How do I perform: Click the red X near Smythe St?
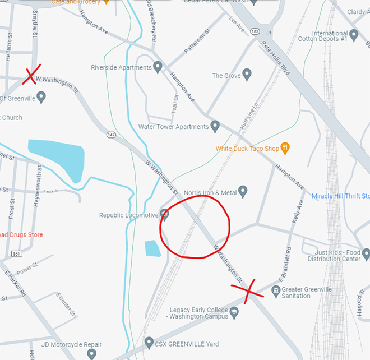click(x=30, y=76)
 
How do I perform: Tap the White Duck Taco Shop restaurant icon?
click(x=286, y=149)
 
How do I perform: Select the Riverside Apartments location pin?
click(x=158, y=67)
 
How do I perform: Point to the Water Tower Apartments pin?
click(x=215, y=126)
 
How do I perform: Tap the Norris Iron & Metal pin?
click(x=243, y=192)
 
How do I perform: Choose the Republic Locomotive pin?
click(x=164, y=214)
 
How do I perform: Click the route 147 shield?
click(x=112, y=135)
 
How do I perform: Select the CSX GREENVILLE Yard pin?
click(x=149, y=341)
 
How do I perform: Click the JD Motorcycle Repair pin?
click(x=92, y=354)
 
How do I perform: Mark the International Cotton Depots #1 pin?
click(x=354, y=35)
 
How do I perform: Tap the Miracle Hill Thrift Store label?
click(x=340, y=196)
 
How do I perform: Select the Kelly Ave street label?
click(x=298, y=214)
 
